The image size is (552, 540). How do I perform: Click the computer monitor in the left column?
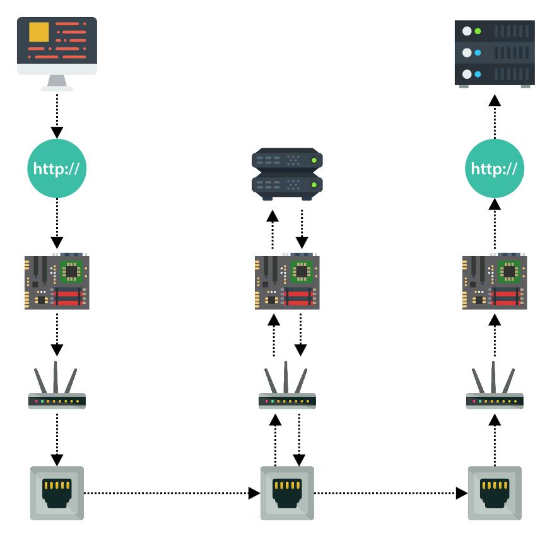(57, 47)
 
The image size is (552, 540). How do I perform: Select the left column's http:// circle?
(57, 169)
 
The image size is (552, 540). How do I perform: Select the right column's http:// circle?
(495, 169)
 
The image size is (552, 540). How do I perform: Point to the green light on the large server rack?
(478, 31)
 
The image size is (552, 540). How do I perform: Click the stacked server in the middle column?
(287, 174)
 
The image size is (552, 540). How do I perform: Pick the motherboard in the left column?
(57, 282)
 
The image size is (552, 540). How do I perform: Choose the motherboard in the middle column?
(287, 282)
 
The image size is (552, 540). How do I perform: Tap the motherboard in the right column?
(495, 282)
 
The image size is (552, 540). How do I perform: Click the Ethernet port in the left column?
(57, 493)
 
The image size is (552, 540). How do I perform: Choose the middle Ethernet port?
(287, 493)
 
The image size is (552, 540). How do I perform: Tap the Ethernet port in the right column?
(495, 493)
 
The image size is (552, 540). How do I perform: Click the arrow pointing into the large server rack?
(495, 117)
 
